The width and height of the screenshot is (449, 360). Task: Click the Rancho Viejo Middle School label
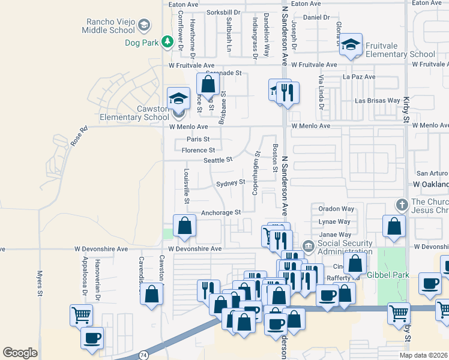(110, 25)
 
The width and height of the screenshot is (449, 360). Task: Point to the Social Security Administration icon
(308, 245)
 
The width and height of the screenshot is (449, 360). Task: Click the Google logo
(20, 352)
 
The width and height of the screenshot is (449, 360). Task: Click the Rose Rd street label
(79, 136)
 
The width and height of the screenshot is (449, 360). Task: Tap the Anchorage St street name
(220, 212)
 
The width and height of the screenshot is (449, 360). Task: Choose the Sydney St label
(231, 182)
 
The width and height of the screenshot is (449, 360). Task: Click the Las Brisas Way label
(378, 101)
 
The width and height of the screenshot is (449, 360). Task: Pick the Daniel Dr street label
(316, 17)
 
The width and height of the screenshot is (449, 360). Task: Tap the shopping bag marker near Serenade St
(208, 83)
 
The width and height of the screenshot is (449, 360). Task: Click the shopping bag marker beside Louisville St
(185, 226)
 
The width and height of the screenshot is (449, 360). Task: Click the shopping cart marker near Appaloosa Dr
(81, 314)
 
